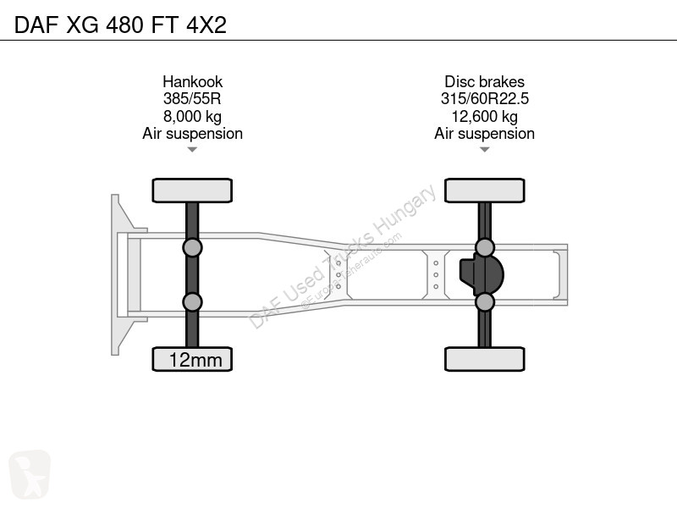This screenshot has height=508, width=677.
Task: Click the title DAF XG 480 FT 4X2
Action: tap(120, 25)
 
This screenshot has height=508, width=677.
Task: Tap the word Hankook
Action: tap(193, 81)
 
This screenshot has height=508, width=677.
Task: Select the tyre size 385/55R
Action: tap(192, 99)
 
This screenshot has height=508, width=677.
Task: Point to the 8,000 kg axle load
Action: tap(192, 117)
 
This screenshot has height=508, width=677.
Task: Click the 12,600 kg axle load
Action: tap(484, 117)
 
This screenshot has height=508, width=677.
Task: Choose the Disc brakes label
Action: tap(484, 81)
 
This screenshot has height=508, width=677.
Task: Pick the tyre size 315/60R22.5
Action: tap(484, 99)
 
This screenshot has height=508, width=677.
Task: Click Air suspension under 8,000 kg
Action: tap(193, 134)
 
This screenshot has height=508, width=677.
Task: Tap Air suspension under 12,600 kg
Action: tap(484, 134)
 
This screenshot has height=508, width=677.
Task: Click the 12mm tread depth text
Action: tap(195, 360)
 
